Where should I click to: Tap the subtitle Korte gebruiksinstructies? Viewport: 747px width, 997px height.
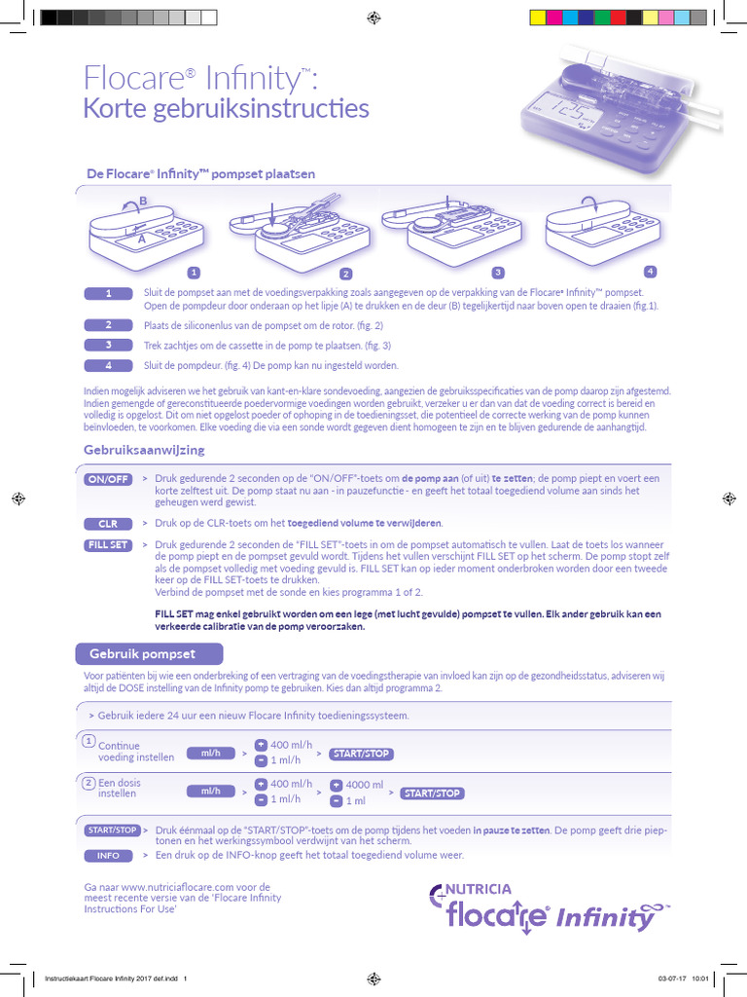[226, 107]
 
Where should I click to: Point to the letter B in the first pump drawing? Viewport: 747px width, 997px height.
[143, 202]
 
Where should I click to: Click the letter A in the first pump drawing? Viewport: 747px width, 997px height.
[142, 238]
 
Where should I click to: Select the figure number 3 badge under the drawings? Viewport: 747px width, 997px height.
[498, 273]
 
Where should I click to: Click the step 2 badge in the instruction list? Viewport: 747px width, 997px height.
[109, 325]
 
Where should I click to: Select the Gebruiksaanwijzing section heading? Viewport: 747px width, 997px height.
[144, 450]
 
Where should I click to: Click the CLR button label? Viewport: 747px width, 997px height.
[108, 524]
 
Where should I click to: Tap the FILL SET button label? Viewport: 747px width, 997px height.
[108, 545]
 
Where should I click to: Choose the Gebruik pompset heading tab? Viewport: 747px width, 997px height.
[149, 653]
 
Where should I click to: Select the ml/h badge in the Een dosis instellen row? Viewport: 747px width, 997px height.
[210, 792]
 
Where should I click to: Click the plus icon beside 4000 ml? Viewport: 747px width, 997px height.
[337, 785]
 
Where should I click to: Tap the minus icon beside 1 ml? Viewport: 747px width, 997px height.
[337, 800]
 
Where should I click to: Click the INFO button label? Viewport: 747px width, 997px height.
[108, 856]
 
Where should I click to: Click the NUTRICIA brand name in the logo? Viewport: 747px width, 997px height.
[479, 889]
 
